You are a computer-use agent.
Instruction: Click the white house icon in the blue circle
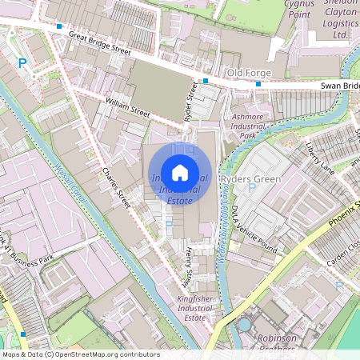[x=180, y=172]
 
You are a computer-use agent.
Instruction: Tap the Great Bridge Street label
[x=99, y=42]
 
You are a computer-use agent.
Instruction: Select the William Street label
[x=127, y=107]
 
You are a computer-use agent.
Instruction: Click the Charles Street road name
[x=115, y=186]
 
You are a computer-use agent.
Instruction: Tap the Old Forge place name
[x=249, y=74]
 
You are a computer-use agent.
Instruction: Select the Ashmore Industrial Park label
[x=246, y=126]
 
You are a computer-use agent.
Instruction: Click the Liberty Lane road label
[x=319, y=158]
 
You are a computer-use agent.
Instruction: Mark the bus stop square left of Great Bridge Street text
[x=59, y=26]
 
